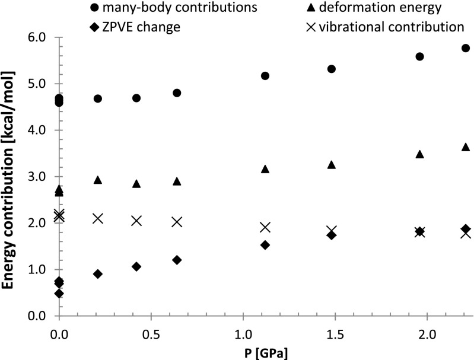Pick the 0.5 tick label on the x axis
coord(151,330)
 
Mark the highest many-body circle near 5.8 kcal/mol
coord(466,48)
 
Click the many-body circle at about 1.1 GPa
coord(265,76)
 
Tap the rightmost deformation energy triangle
coord(466,146)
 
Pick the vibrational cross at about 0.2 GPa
coord(98,218)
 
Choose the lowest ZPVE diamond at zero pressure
coord(59,293)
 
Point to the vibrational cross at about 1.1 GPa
coord(265,227)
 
